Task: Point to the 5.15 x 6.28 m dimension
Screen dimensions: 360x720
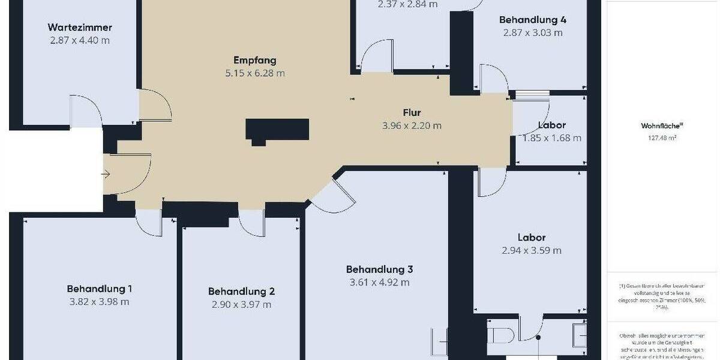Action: pos(254,73)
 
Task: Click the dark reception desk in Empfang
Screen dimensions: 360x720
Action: pos(277,130)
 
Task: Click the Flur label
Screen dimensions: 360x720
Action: pos(412,113)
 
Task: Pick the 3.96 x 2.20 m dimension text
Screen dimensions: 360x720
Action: pos(412,126)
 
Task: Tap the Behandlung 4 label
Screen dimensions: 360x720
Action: pos(533,20)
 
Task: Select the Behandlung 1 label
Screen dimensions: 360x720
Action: pos(100,289)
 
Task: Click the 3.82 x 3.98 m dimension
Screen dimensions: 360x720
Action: pos(100,302)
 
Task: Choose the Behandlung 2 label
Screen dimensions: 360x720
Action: pos(241,292)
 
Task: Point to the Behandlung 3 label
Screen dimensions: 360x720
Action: pos(379,269)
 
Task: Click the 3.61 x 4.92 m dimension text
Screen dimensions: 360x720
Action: pos(379,283)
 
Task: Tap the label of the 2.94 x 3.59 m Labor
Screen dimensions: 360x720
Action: pos(532,238)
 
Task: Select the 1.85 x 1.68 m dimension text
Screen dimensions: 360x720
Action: pos(551,138)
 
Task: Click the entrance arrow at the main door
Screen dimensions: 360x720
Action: pos(106,175)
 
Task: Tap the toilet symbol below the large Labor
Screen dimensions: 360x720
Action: pos(499,333)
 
